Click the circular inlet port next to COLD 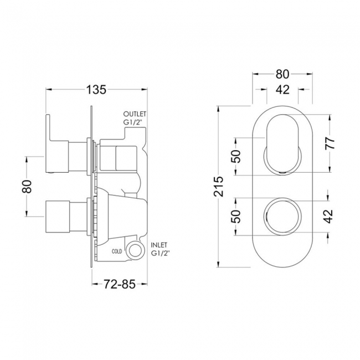(133, 250)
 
